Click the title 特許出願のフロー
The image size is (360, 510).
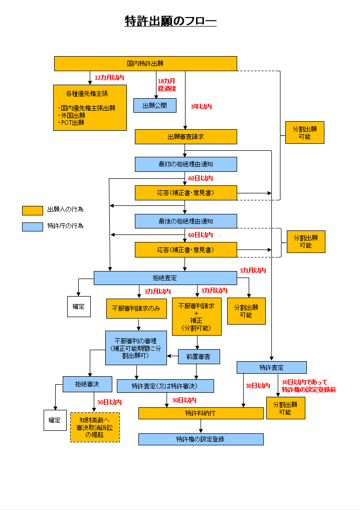click(170, 21)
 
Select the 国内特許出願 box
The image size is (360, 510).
click(145, 64)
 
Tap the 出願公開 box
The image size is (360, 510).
click(155, 105)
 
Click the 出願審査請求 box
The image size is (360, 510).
click(186, 137)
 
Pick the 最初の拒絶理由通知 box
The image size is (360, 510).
click(186, 164)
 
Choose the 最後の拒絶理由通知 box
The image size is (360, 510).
click(186, 221)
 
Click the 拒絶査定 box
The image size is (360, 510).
click(165, 278)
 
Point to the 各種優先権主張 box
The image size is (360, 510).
click(90, 108)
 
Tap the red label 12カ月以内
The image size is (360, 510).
click(109, 78)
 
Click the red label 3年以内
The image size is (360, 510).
click(201, 107)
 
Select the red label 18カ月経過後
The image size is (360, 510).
click(167, 85)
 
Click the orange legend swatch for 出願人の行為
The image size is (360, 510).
click(33, 210)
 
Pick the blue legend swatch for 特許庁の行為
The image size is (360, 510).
click(33, 226)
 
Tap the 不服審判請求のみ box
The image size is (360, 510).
click(136, 309)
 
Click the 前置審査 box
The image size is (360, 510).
click(199, 357)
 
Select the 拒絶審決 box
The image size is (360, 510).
click(87, 384)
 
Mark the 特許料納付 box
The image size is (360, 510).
click(201, 413)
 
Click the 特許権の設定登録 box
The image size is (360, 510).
click(201, 439)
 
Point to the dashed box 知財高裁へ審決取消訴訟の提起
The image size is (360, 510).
click(95, 427)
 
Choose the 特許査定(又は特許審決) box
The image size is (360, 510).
click(165, 386)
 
